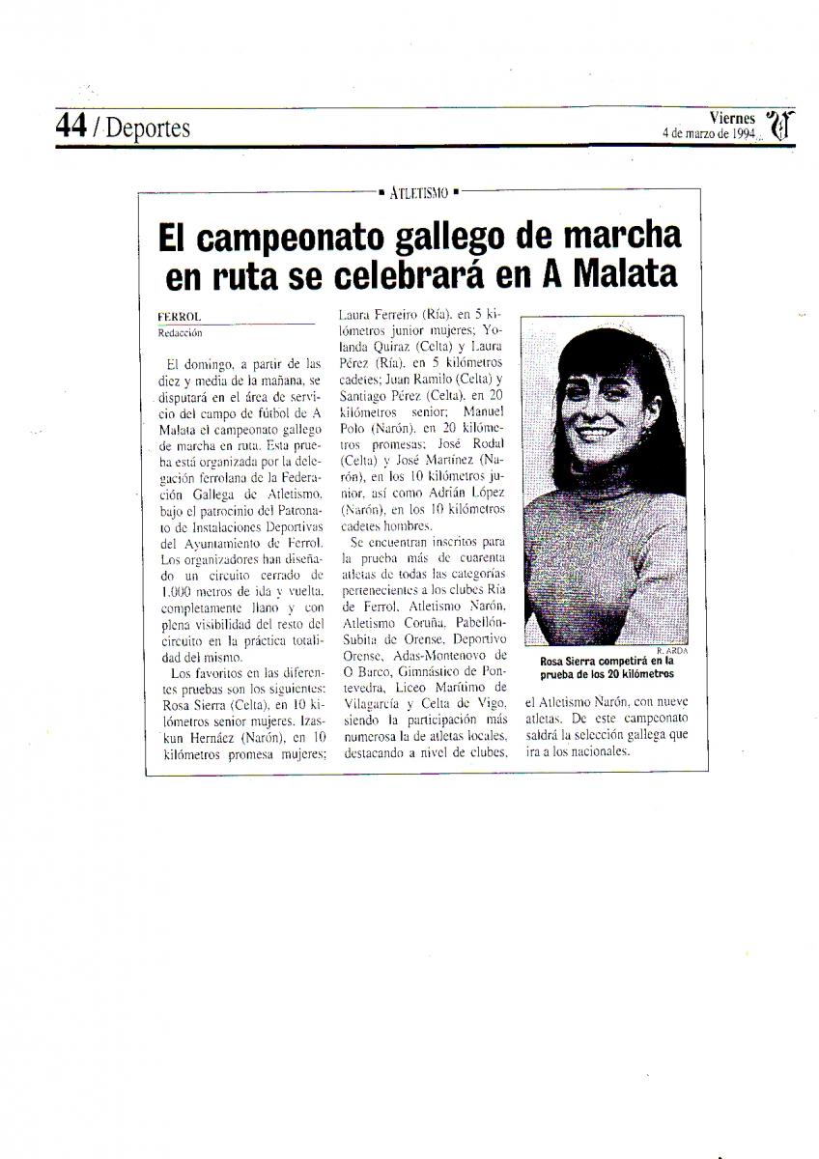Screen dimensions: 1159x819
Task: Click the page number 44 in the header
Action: (x=71, y=126)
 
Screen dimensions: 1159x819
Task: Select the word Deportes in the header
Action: (x=148, y=127)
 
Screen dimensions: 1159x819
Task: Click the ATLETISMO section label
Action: (x=419, y=192)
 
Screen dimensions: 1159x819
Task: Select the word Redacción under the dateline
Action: (x=181, y=330)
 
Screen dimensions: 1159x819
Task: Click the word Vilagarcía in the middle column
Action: (x=375, y=704)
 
